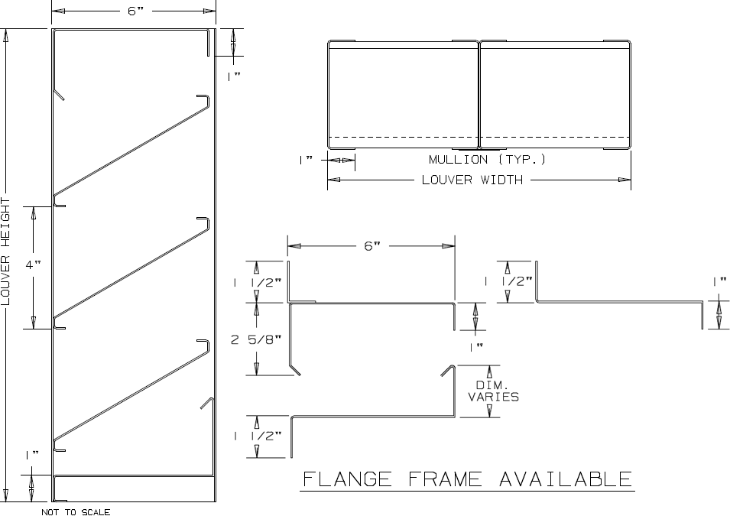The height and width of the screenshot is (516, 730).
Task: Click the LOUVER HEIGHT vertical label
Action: click(x=6, y=252)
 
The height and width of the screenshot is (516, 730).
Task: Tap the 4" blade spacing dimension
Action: click(x=33, y=264)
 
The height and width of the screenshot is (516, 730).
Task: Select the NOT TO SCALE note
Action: click(x=76, y=511)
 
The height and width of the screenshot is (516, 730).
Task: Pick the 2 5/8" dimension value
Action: click(x=256, y=339)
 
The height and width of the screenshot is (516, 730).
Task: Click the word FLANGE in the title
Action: click(x=348, y=479)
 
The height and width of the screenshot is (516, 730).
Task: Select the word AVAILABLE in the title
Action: click(x=566, y=479)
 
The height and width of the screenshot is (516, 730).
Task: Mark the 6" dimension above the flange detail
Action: click(x=371, y=246)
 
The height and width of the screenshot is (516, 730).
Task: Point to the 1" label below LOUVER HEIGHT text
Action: click(x=31, y=455)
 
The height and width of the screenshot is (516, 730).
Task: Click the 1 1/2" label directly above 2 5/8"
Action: click(x=258, y=282)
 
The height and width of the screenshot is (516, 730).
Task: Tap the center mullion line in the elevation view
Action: click(x=479, y=96)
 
